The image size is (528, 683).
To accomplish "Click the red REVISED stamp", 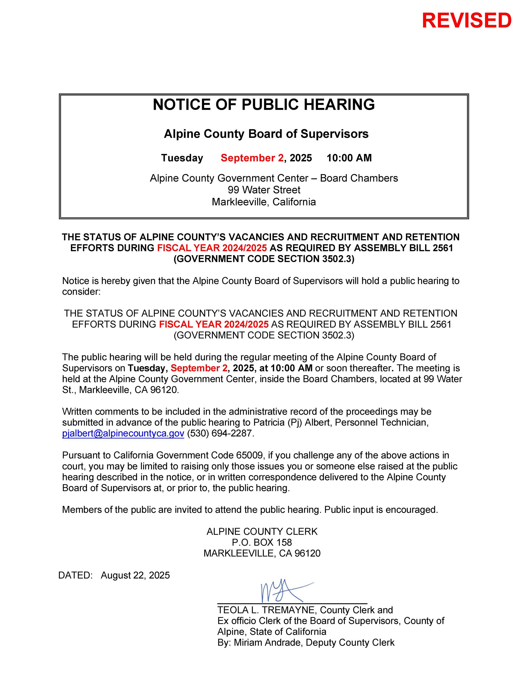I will click(467, 21).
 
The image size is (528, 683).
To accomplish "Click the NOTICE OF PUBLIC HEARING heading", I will click(264, 105).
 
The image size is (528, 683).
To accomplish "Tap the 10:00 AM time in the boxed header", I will click(349, 158).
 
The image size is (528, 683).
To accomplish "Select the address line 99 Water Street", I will click(264, 190).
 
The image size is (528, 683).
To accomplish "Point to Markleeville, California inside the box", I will click(264, 202).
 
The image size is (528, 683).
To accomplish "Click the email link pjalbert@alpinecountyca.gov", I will click(123, 433).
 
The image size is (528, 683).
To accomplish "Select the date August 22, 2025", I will click(135, 575).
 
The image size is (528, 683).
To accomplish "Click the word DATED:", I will click(75, 575).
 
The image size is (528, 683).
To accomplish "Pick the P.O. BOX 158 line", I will click(262, 542).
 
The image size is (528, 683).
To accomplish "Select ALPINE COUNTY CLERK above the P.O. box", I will click(262, 532).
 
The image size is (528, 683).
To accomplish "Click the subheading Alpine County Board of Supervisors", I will click(266, 134).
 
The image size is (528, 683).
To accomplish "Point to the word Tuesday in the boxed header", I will click(182, 158).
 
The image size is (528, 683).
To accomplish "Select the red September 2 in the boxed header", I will click(252, 158).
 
